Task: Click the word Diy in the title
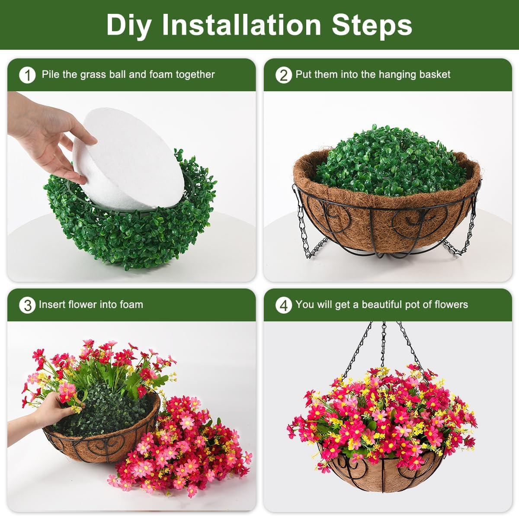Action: [x=128, y=26]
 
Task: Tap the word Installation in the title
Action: [x=241, y=25]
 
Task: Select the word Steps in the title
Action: [x=372, y=26]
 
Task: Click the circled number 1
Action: [x=27, y=75]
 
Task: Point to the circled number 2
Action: [x=283, y=75]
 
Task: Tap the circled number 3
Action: [x=27, y=305]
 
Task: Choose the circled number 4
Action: [x=283, y=305]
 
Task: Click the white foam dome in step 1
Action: [x=129, y=159]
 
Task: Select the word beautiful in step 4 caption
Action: [x=381, y=304]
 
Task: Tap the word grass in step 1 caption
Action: [x=93, y=75]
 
